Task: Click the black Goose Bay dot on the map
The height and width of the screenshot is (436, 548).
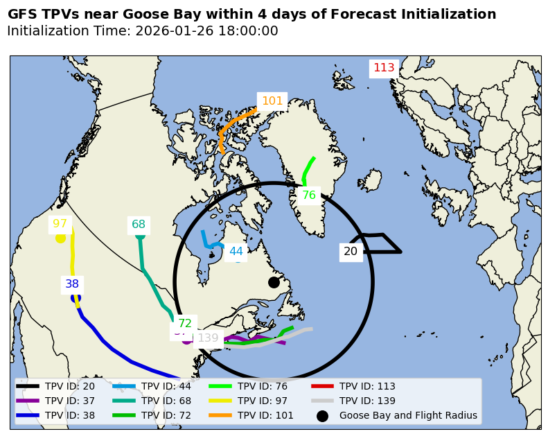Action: (x=274, y=282)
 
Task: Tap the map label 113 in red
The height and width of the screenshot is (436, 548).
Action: (x=384, y=68)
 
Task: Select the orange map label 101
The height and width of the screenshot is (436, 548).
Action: (x=272, y=101)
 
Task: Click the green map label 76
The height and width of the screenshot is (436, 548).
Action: (x=309, y=195)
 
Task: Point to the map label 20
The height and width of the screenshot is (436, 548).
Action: (x=351, y=252)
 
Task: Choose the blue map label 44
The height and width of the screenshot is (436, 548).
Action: (x=236, y=252)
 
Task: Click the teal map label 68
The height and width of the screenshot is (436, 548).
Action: (x=139, y=225)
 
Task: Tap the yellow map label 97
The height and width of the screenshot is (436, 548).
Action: (x=60, y=224)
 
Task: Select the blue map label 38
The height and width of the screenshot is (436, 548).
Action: (x=72, y=284)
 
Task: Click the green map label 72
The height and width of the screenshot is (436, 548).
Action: (x=185, y=324)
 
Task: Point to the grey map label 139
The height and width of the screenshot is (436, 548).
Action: (x=208, y=338)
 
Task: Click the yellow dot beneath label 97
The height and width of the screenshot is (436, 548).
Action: (x=60, y=238)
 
